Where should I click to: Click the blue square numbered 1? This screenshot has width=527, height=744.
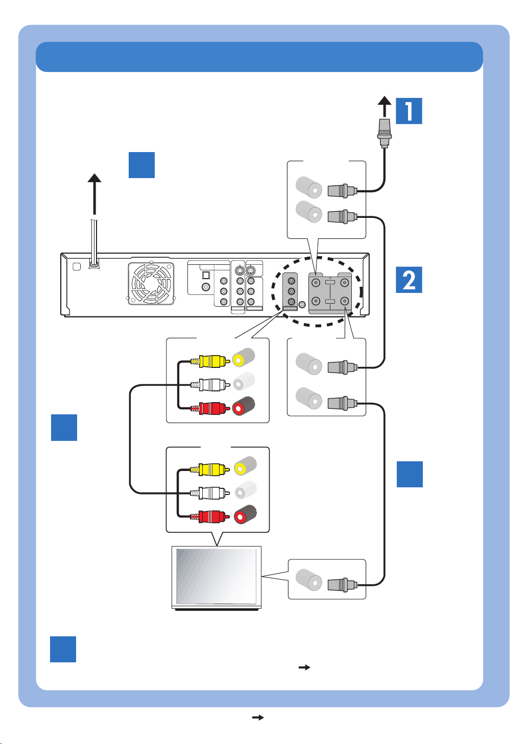tap(409, 111)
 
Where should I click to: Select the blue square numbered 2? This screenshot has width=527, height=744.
tap(409, 280)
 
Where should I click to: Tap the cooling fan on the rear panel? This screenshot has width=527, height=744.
tap(151, 283)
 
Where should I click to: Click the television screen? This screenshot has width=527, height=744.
tap(217, 576)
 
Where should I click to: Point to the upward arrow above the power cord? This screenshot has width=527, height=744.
tap(94, 194)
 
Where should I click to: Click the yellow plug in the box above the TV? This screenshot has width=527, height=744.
tap(210, 469)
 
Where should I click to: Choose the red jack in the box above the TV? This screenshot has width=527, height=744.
tap(245, 514)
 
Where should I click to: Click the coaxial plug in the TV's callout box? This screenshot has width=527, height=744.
tap(342, 585)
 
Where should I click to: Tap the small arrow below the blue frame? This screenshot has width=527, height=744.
tap(258, 717)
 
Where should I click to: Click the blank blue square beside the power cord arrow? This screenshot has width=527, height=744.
tap(141, 165)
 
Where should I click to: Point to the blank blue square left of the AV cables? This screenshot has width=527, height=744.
tap(64, 428)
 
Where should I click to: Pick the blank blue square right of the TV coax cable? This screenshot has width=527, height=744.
tap(410, 474)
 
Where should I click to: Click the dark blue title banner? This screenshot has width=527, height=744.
tap(259, 57)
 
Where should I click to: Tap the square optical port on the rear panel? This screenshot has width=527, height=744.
tap(206, 275)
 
